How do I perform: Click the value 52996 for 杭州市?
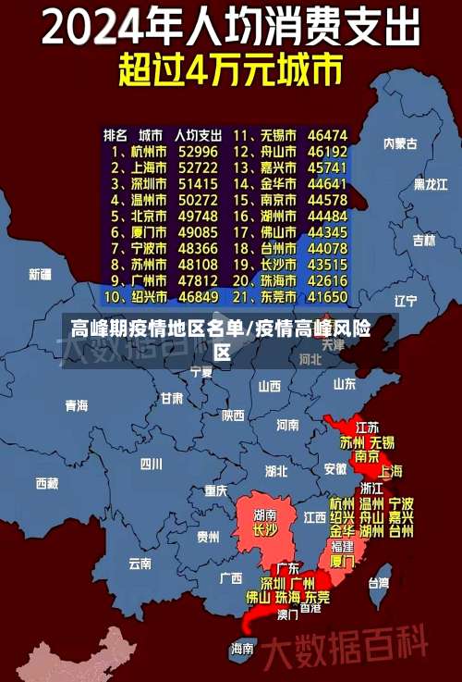[199, 151]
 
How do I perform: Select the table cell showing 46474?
[328, 134]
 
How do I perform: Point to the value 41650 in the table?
[328, 297]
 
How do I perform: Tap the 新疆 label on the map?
[41, 274]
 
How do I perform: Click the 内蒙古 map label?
[400, 143]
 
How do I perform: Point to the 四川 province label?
[151, 464]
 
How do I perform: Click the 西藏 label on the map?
[46, 483]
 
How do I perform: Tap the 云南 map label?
[140, 563]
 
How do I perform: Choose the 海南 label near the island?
[242, 649]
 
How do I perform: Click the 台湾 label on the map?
[379, 583]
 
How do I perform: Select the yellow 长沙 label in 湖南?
[265, 530]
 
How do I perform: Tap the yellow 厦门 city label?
[342, 561]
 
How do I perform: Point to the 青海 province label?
[76, 405]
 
